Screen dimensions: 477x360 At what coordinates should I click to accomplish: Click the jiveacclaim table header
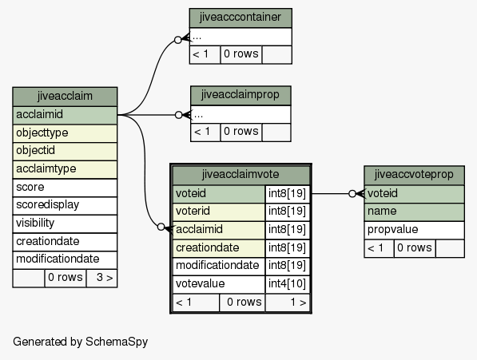[65, 97]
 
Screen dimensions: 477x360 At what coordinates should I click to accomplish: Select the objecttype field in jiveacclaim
[65, 133]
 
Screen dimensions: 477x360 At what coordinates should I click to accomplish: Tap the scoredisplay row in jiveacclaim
[65, 205]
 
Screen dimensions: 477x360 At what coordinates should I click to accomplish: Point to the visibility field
[65, 224]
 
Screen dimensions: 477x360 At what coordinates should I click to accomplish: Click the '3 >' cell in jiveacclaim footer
[101, 278]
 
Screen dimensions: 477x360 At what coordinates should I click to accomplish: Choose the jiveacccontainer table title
[240, 18]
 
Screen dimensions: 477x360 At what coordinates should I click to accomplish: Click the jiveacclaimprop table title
[240, 96]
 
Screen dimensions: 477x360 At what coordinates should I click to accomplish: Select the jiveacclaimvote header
[240, 175]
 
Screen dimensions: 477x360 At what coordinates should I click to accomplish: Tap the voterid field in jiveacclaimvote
[219, 212]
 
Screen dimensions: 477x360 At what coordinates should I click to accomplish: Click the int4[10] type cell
[287, 284]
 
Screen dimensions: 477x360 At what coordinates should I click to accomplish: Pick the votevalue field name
[219, 284]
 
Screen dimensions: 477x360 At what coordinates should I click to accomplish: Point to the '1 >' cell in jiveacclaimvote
[287, 303]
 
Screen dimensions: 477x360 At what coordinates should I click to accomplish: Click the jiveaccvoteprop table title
[414, 175]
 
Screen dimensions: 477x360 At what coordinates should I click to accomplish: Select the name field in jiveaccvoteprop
[414, 212]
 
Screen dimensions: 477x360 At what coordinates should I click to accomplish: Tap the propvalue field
[414, 230]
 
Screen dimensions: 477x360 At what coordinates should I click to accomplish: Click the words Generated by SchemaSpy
[81, 342]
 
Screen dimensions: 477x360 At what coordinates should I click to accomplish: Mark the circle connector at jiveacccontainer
[178, 39]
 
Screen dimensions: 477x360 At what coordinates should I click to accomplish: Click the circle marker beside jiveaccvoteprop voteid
[352, 193]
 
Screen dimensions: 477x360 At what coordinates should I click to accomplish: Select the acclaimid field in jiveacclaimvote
[219, 230]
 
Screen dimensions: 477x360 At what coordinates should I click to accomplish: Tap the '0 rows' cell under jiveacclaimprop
[241, 132]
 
